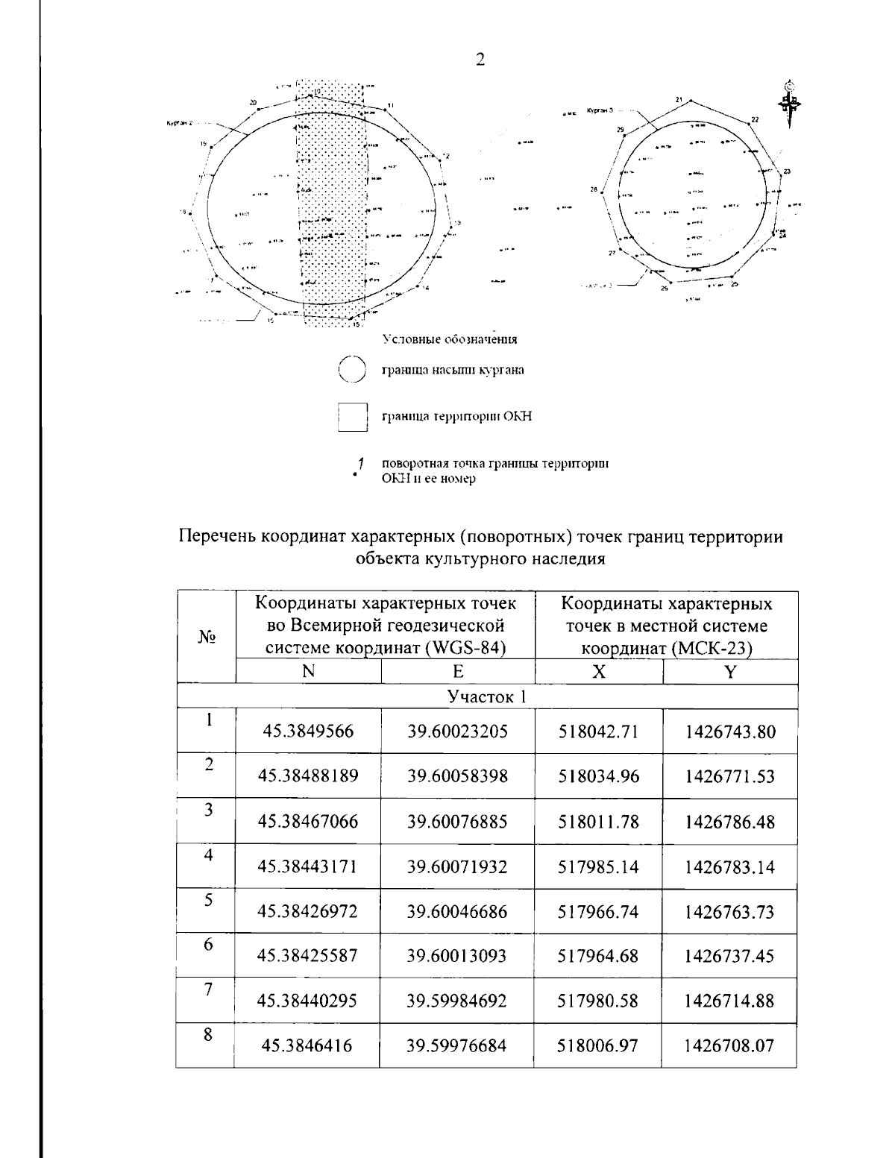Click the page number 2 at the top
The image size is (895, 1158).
(x=480, y=60)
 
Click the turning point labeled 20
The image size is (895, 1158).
(x=259, y=109)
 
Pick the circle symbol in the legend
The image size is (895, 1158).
(x=351, y=370)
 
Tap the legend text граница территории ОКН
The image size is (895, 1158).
(x=456, y=417)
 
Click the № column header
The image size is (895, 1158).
(x=207, y=638)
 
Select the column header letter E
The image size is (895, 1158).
(x=458, y=672)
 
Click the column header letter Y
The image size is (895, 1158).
(x=730, y=672)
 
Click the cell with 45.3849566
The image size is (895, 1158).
(x=308, y=731)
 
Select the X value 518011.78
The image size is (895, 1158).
(x=598, y=822)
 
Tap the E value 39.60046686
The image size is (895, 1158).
(x=457, y=911)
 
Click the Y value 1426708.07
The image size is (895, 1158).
(x=729, y=1045)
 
